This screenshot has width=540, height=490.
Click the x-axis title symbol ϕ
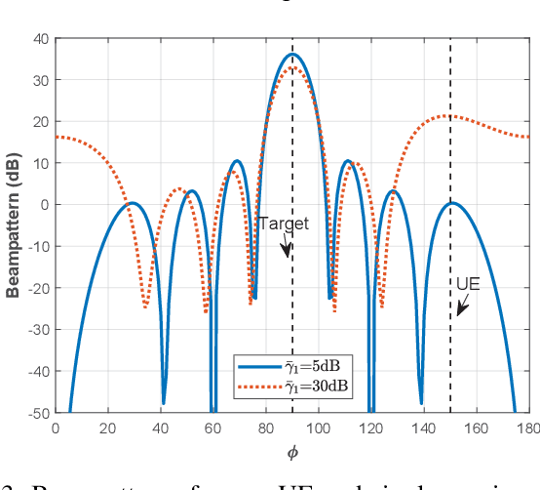tap(291, 452)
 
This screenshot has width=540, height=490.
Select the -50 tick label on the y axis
tap(36, 413)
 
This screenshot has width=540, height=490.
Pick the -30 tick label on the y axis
tap(36, 330)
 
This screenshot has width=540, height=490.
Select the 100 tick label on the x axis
tap(318, 428)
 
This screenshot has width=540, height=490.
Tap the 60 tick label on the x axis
tap(212, 428)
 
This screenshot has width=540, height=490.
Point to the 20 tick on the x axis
tap(107, 428)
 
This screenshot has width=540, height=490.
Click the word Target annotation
tap(284, 224)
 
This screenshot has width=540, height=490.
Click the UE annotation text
tap(468, 284)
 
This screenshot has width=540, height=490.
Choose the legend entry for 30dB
tap(316, 386)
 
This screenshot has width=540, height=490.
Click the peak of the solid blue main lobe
tap(291, 54)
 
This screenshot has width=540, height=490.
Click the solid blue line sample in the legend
tap(258, 367)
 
